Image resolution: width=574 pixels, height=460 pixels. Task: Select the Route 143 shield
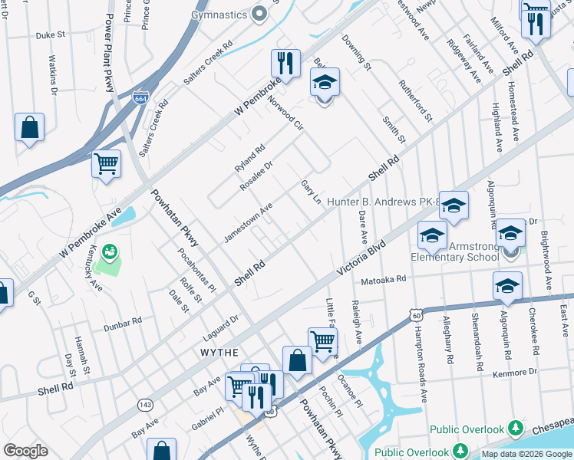(145, 403)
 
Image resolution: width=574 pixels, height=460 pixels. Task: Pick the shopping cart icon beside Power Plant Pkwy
(106, 163)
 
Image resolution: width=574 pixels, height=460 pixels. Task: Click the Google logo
(25, 451)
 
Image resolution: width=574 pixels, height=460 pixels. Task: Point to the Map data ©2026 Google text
(526, 454)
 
